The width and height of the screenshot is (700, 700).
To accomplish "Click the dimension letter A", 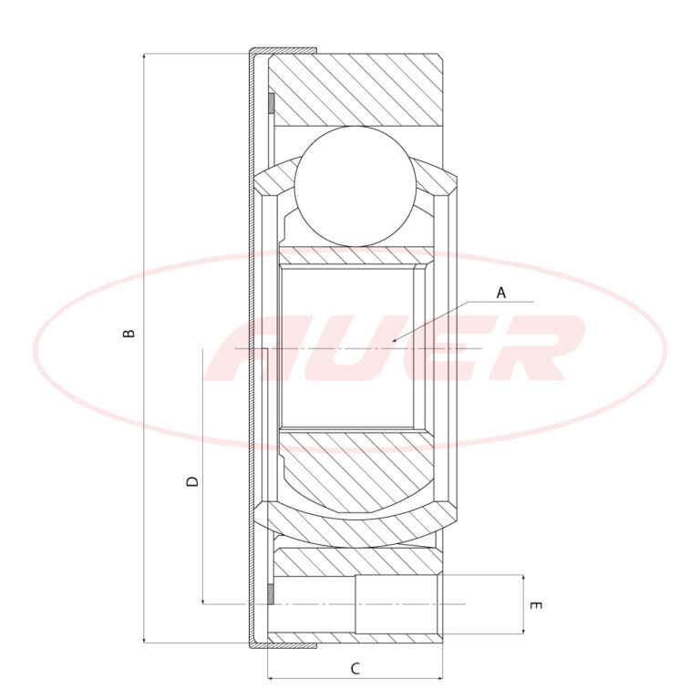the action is click(x=501, y=293).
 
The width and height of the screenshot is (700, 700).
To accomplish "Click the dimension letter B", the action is click(x=129, y=333).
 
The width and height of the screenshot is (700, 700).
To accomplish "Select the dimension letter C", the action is click(x=355, y=669).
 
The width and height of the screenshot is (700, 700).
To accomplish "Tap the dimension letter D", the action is click(x=192, y=481).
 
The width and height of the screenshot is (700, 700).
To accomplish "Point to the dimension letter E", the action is click(x=535, y=605).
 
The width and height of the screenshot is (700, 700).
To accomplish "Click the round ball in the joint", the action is click(x=355, y=186).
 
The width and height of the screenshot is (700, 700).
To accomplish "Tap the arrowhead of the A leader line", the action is click(x=395, y=340).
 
